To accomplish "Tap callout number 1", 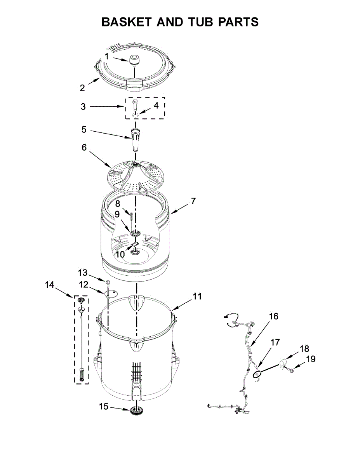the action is (106, 56).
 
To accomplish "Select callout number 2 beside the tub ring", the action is (82, 88).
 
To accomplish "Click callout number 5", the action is (84, 130).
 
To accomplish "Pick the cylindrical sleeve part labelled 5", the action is (135, 139).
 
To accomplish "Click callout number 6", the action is (84, 148).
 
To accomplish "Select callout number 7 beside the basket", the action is (193, 201).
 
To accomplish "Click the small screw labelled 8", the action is (132, 215).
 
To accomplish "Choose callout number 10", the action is (120, 254).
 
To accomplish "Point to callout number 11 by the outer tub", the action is (197, 297).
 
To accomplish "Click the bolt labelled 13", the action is (108, 281).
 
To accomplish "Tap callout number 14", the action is (49, 285).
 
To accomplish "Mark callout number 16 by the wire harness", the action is (273, 316).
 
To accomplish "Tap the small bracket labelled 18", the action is (282, 363).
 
